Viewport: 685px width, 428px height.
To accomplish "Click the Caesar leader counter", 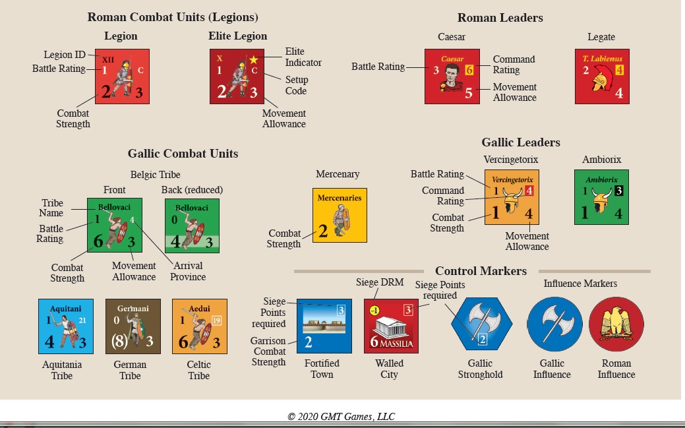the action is [452, 76].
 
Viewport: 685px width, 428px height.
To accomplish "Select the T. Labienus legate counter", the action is [602, 76].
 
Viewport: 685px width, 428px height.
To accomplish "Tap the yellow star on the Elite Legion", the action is [253, 59].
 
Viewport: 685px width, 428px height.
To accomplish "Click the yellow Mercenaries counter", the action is [340, 215].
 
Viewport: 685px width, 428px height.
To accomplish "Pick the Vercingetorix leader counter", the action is [512, 197].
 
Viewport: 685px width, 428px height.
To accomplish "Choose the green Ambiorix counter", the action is [601, 197].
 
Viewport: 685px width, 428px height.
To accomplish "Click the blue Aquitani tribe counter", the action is [66, 326].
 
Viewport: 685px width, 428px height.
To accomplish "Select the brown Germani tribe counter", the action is [133, 326].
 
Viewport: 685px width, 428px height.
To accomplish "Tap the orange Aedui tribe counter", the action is [200, 326].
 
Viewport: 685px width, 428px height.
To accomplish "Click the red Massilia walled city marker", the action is [391, 326].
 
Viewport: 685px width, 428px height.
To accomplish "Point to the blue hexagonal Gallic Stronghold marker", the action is [481, 324].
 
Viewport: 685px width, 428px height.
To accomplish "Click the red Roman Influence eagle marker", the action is [616, 324].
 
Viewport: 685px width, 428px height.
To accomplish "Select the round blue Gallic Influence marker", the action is [554, 324].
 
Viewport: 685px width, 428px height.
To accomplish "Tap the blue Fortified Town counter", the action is [324, 326].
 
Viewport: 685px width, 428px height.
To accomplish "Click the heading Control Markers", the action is [481, 271].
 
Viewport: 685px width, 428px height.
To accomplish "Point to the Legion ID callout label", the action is [65, 55].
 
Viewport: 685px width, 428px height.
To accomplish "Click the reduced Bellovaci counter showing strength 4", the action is [192, 226].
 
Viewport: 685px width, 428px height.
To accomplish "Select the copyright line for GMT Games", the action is [342, 416].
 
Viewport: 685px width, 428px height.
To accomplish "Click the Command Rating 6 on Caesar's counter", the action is [469, 69].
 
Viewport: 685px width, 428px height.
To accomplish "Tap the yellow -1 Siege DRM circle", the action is [374, 311].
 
